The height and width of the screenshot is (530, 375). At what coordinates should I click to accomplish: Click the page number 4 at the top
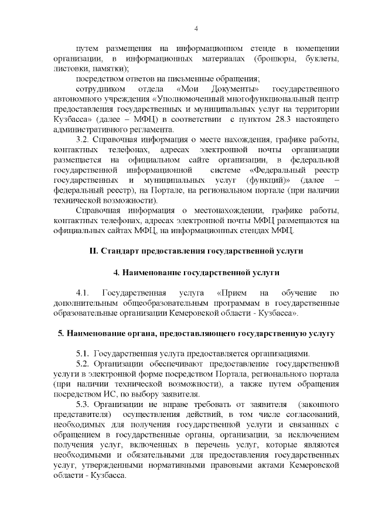pos(196,29)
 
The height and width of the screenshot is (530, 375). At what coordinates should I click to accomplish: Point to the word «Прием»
pos(234,292)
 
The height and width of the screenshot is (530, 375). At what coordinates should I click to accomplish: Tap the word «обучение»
pos(299,292)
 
